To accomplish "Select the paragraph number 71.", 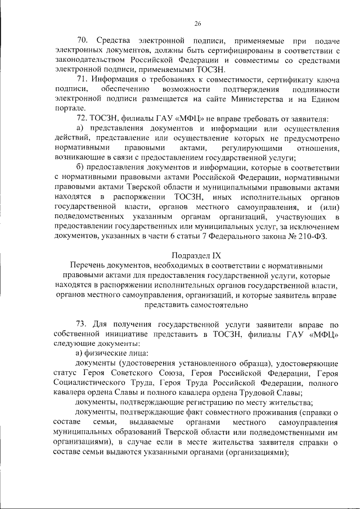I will [82, 79].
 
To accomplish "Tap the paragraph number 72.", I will [82, 119].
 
